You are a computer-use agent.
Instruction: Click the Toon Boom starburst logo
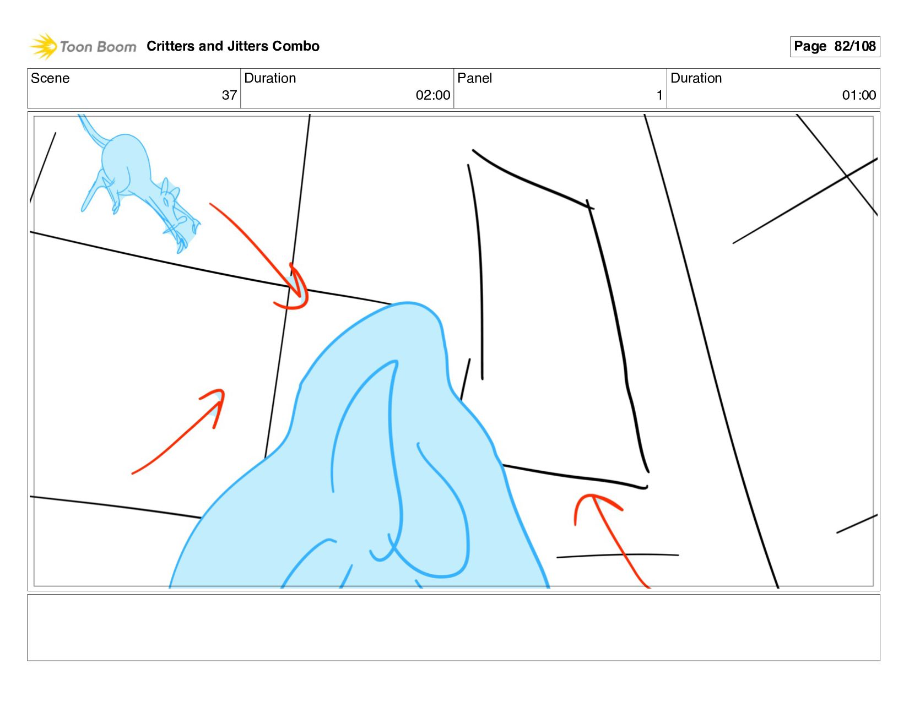(x=44, y=46)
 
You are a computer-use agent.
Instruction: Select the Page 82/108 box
(x=835, y=46)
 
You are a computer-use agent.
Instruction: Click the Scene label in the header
(x=50, y=78)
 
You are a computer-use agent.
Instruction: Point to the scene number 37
(x=229, y=95)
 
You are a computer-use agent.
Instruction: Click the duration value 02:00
(x=433, y=95)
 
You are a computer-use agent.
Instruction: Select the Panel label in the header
(x=474, y=78)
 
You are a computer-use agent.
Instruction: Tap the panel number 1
(x=659, y=95)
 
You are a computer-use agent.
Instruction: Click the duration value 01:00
(x=859, y=95)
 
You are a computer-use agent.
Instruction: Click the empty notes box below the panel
(x=454, y=628)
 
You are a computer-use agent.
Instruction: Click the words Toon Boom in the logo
(x=98, y=47)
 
